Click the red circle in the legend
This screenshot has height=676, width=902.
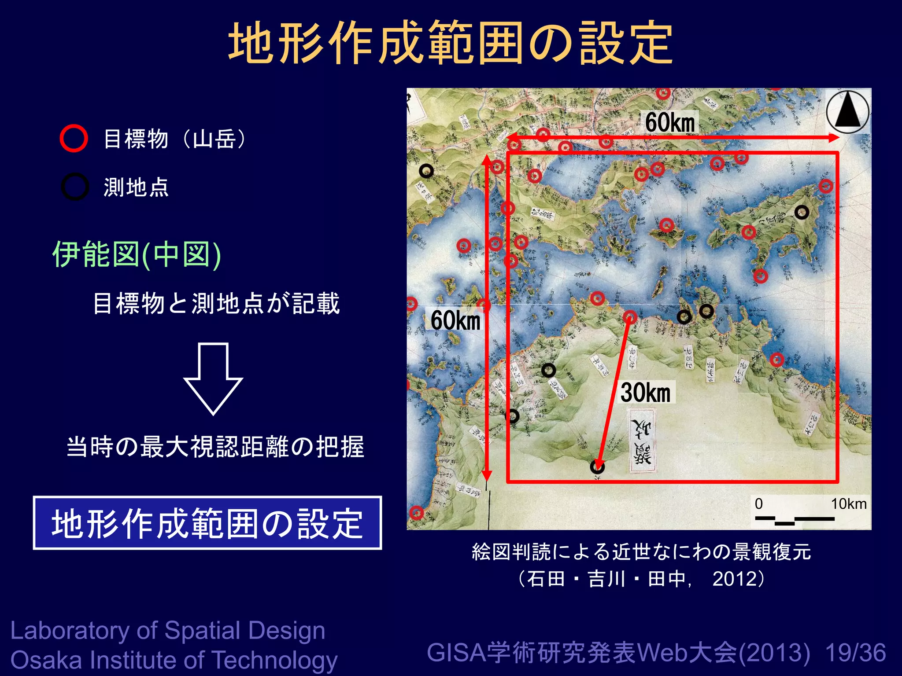pyautogui.click(x=74, y=138)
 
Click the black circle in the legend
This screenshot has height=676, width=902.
pyautogui.click(x=75, y=187)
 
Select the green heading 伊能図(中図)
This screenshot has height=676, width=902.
pyautogui.click(x=137, y=254)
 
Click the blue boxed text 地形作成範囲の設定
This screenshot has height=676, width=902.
pyautogui.click(x=207, y=523)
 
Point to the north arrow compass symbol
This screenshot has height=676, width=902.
pyautogui.click(x=848, y=112)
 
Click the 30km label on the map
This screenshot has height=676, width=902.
pyautogui.click(x=645, y=393)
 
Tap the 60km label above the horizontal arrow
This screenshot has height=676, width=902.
pyautogui.click(x=670, y=122)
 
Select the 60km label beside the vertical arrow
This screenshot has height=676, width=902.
pyautogui.click(x=455, y=320)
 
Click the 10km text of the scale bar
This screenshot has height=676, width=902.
pyautogui.click(x=848, y=503)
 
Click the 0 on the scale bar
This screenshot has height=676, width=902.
pyautogui.click(x=758, y=503)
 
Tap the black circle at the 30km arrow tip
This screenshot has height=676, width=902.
pyautogui.click(x=597, y=467)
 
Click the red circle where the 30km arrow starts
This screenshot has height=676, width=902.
pyautogui.click(x=630, y=317)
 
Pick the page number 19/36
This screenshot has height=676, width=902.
pyautogui.click(x=855, y=653)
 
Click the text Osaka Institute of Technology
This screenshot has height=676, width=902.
pyautogui.click(x=174, y=660)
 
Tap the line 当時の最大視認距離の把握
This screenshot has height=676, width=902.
pyautogui.click(x=215, y=447)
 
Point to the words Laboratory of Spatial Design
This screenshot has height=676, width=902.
pyautogui.click(x=168, y=631)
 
